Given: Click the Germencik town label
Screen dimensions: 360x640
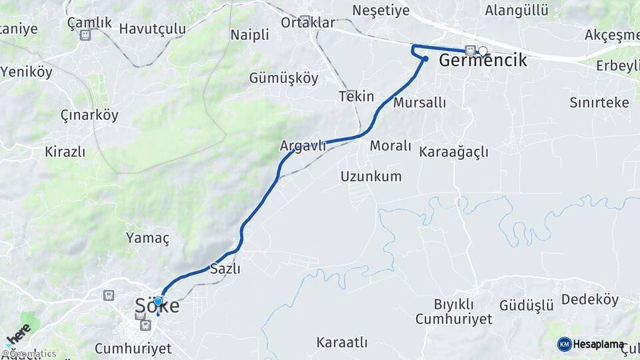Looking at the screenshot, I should [483, 61].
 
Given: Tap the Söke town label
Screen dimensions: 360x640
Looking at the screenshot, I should [157, 306].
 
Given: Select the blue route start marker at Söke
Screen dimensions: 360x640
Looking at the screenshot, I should [158, 302].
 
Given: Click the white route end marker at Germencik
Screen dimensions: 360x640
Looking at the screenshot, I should [483, 50].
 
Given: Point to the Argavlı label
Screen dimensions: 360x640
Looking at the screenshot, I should [303, 145].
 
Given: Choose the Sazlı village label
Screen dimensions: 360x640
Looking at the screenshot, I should [225, 269].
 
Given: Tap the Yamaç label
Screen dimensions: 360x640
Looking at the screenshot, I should [148, 238].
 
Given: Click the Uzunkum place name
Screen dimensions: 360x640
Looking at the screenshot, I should [371, 177].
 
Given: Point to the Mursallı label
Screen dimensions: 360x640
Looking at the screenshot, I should [419, 103].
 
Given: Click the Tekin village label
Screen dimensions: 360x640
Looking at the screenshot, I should [356, 97].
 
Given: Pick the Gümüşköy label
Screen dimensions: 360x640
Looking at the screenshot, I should [283, 78].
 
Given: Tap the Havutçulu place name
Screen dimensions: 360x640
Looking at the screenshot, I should [152, 29].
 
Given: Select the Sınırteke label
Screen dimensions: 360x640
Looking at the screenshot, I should [599, 102].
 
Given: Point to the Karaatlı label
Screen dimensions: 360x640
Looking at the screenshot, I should [342, 343].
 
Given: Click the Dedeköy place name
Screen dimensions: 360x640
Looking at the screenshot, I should [590, 299].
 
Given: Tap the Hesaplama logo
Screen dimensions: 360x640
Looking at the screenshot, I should [591, 344].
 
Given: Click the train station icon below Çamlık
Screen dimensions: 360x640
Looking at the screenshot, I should [85, 35].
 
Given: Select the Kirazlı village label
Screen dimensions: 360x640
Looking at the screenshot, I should [65, 151].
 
